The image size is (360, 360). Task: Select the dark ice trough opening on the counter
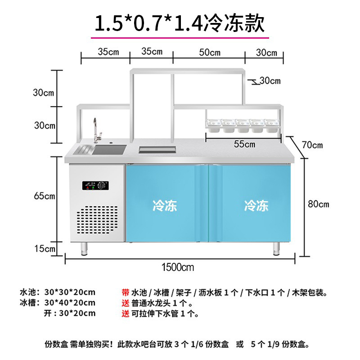(x=157, y=150)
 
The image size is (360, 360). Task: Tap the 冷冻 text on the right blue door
(x=256, y=206)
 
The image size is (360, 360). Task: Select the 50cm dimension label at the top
(x=210, y=52)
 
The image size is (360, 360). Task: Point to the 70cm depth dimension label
(x=312, y=145)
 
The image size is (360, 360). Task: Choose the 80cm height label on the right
(x=318, y=204)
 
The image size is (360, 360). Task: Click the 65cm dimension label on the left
(x=44, y=196)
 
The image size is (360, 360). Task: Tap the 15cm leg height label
(x=44, y=248)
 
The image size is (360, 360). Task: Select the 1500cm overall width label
(x=178, y=267)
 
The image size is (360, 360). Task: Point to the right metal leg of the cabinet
(x=276, y=248)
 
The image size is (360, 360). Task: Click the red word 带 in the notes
(x=126, y=292)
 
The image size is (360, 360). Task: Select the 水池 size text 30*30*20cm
(x=70, y=292)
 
